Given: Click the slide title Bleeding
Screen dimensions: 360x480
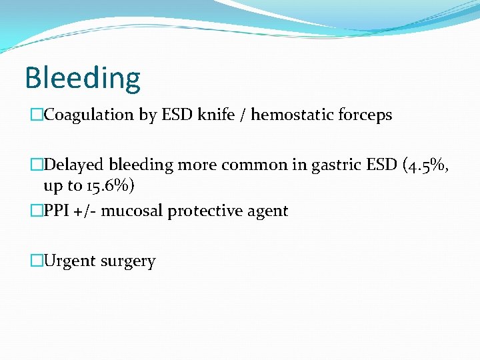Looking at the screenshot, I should (x=83, y=78).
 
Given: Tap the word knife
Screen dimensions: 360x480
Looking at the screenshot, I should (x=213, y=115).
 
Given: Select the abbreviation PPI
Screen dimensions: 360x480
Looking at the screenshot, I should (x=57, y=211).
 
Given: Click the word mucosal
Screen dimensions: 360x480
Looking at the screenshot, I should (x=131, y=211).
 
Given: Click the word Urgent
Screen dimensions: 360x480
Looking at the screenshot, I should (x=69, y=261).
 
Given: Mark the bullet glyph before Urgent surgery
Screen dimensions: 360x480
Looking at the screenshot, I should (x=36, y=261).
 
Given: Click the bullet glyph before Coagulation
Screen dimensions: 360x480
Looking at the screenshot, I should (x=36, y=115).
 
